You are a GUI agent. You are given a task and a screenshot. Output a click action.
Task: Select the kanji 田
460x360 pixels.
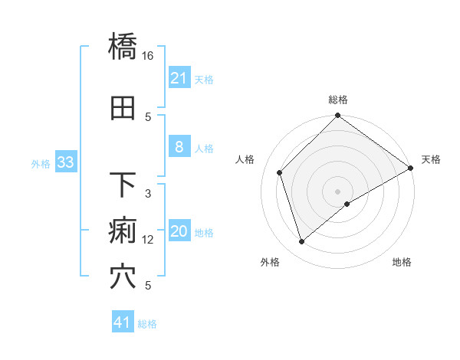click(x=123, y=109)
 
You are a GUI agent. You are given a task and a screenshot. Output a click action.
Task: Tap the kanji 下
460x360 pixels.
click(x=123, y=185)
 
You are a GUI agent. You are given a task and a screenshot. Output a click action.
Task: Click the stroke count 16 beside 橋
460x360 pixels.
click(x=148, y=56)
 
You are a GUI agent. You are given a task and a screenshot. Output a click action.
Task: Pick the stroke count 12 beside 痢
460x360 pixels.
click(x=148, y=240)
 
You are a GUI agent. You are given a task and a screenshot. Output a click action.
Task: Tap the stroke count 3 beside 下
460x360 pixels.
click(x=148, y=194)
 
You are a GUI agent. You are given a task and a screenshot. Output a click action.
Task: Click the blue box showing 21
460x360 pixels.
click(x=179, y=78)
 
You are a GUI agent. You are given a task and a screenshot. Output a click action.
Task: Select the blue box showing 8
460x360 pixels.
click(x=179, y=147)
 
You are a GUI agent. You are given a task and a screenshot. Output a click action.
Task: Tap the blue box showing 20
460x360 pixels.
click(x=179, y=232)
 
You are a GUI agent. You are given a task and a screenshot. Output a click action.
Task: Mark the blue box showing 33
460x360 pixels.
click(x=65, y=162)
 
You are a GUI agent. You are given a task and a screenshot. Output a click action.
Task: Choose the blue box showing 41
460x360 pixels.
click(x=123, y=322)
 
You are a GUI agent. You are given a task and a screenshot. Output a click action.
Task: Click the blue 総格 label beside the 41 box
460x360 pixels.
click(x=147, y=324)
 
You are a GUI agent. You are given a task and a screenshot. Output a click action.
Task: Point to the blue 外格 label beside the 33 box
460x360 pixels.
click(x=41, y=163)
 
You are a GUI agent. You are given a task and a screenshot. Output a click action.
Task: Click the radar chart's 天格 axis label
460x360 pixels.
click(x=431, y=159)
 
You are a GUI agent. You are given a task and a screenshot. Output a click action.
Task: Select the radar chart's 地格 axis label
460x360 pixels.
click(x=402, y=263)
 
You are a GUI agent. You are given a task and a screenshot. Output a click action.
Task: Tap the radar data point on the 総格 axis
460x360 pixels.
click(x=337, y=116)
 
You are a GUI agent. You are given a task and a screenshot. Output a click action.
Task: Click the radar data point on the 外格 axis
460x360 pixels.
click(x=301, y=242)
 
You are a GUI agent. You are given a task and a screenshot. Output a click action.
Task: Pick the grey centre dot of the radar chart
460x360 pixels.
click(x=337, y=191)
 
